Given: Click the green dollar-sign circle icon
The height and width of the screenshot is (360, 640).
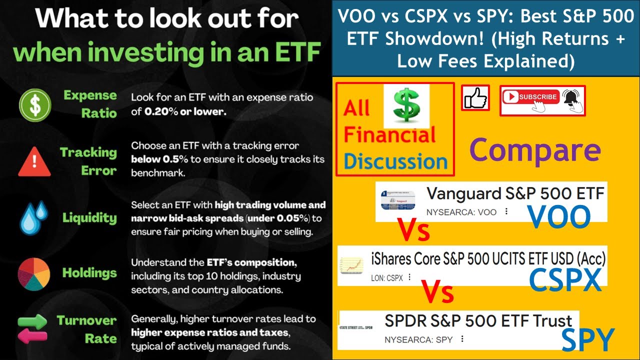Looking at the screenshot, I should (33, 104).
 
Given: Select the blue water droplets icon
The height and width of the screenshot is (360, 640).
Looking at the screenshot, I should (33, 217).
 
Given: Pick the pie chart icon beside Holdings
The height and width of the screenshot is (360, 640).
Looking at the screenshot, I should (33, 273).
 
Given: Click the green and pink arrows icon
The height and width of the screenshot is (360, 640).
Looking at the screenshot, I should (32, 329).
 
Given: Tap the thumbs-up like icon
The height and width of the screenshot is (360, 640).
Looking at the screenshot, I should (475, 97).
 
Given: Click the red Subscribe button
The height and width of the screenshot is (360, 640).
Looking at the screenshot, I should (530, 97).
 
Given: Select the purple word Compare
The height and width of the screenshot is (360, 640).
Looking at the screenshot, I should (535, 150).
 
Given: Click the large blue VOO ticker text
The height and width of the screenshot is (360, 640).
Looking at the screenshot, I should (559, 216).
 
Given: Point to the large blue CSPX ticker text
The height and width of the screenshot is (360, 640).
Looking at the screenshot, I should (565, 281).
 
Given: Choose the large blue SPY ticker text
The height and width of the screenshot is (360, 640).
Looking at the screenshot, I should (587, 340).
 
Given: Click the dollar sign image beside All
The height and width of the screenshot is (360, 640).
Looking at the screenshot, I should (406, 105).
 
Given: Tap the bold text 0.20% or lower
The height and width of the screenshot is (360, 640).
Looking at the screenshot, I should (185, 112).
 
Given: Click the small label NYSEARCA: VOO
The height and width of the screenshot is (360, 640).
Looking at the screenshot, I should (461, 212).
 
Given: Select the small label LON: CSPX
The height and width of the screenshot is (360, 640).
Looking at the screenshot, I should (386, 277).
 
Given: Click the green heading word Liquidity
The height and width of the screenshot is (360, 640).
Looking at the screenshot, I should (89, 217).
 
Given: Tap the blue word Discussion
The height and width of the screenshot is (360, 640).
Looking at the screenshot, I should (395, 161).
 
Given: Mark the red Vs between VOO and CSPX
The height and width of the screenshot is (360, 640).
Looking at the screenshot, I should (413, 231).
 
